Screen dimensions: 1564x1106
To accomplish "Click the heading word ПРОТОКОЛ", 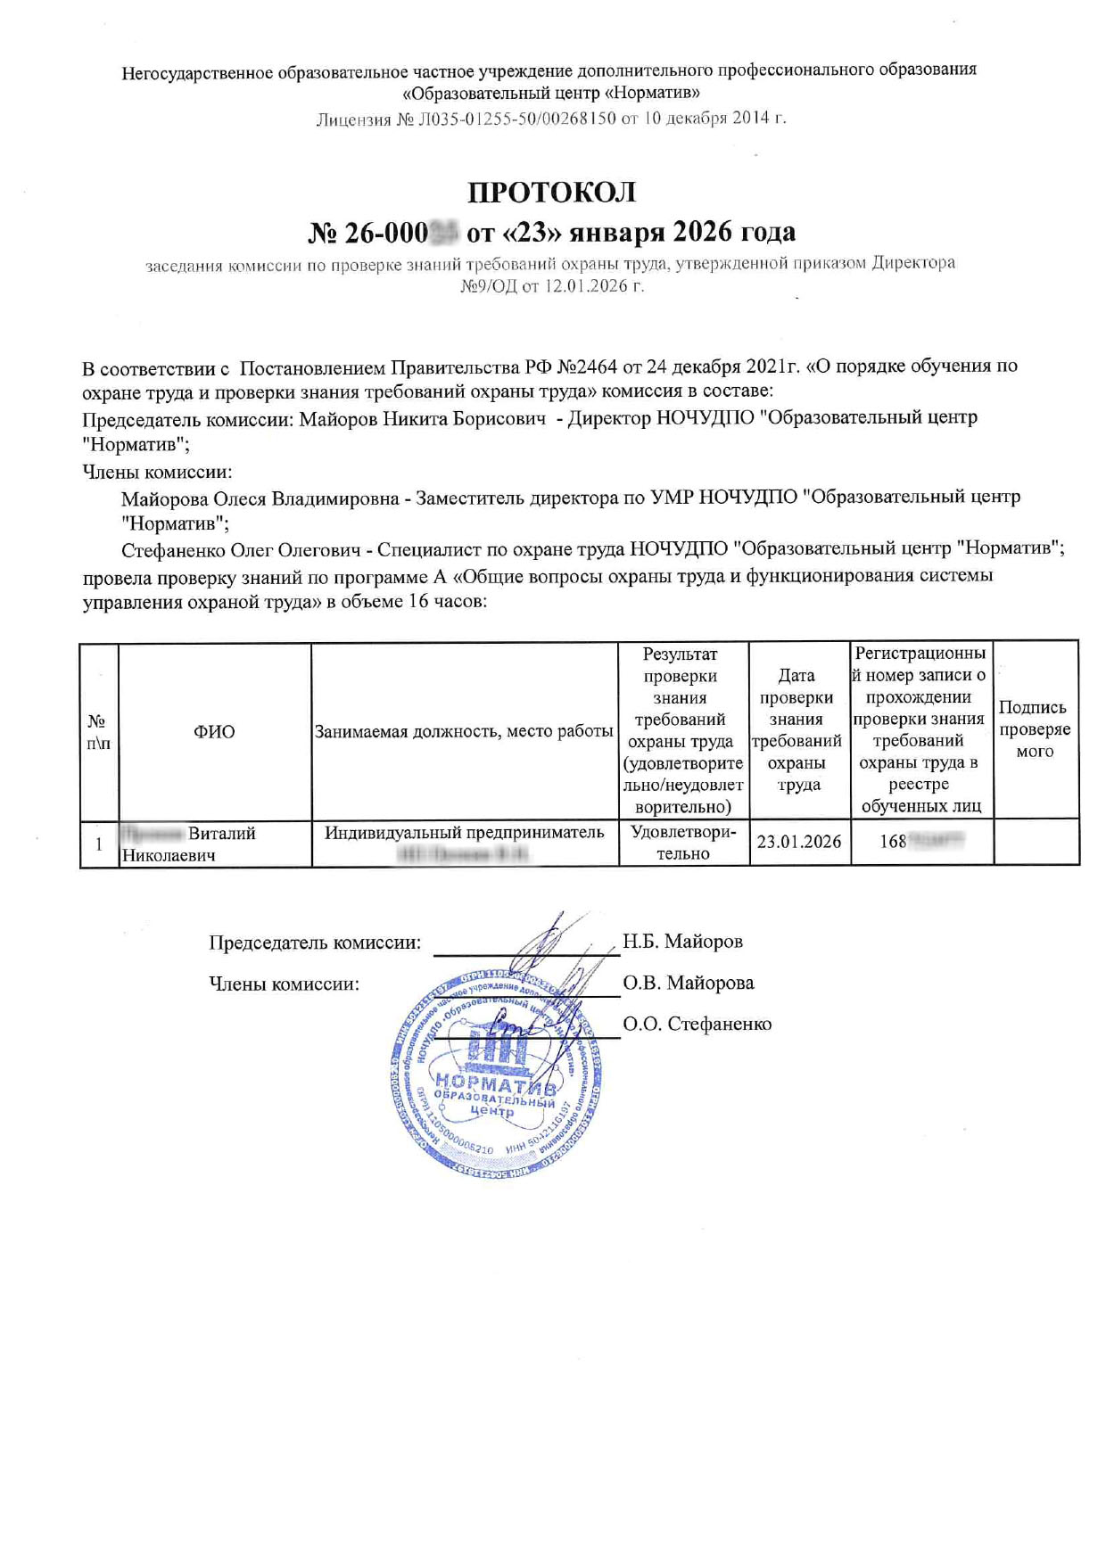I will [552, 192].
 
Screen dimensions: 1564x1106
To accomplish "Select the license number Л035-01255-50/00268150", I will [517, 119].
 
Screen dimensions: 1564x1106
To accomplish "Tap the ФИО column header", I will [214, 732].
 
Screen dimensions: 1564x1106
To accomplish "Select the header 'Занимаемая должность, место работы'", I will [464, 732].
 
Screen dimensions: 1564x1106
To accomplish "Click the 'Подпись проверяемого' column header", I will [1035, 729].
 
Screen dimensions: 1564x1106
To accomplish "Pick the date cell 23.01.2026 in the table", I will [799, 842].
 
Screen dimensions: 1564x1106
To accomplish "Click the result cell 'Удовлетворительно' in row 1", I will [683, 843].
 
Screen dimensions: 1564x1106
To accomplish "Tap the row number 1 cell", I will [99, 844].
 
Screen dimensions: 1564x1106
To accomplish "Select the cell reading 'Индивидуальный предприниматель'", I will [464, 833].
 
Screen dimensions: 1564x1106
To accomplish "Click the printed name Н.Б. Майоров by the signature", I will [682, 942].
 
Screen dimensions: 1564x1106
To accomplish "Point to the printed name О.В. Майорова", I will [688, 984].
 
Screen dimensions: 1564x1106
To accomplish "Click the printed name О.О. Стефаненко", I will [697, 1025].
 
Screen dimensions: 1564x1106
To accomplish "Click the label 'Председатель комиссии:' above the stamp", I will [315, 943].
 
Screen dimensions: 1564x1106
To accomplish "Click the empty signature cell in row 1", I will [1036, 843].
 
